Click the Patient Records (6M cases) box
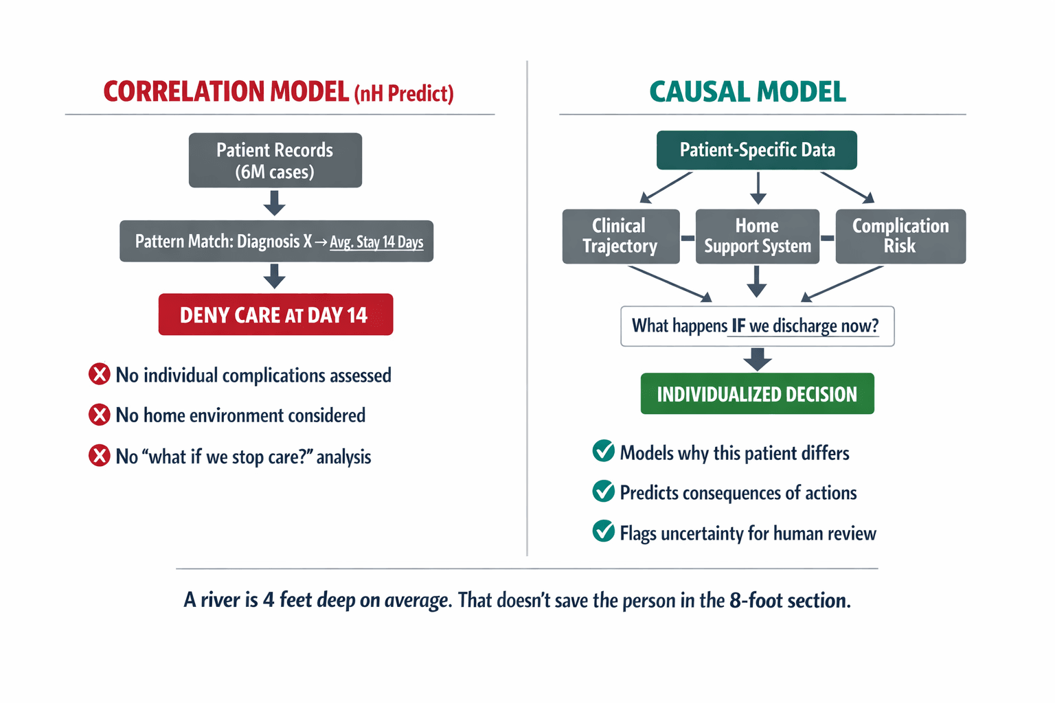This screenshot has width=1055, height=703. coord(275,161)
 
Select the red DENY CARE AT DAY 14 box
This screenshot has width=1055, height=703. coord(275,314)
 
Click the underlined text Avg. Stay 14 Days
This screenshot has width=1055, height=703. coord(376,242)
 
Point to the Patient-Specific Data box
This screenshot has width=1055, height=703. coord(757,150)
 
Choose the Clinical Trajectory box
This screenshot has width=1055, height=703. coord(620,236)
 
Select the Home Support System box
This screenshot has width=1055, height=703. coord(757,236)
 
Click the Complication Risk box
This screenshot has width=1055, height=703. coord(900,236)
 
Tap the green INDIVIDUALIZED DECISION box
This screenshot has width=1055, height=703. coord(757,394)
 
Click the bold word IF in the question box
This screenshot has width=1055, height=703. coord(738,326)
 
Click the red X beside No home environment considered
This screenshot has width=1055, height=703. coord(100,415)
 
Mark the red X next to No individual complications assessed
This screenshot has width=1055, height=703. coord(100,375)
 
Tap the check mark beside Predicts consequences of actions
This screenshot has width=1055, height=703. coord(604,492)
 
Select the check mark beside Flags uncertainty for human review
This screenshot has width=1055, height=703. coord(604,532)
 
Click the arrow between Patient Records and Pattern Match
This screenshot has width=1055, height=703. coord(275,203)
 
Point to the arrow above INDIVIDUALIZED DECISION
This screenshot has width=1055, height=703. coord(757,359)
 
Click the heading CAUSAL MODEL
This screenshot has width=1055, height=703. coord(747,92)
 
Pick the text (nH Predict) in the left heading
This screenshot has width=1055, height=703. coord(404,93)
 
